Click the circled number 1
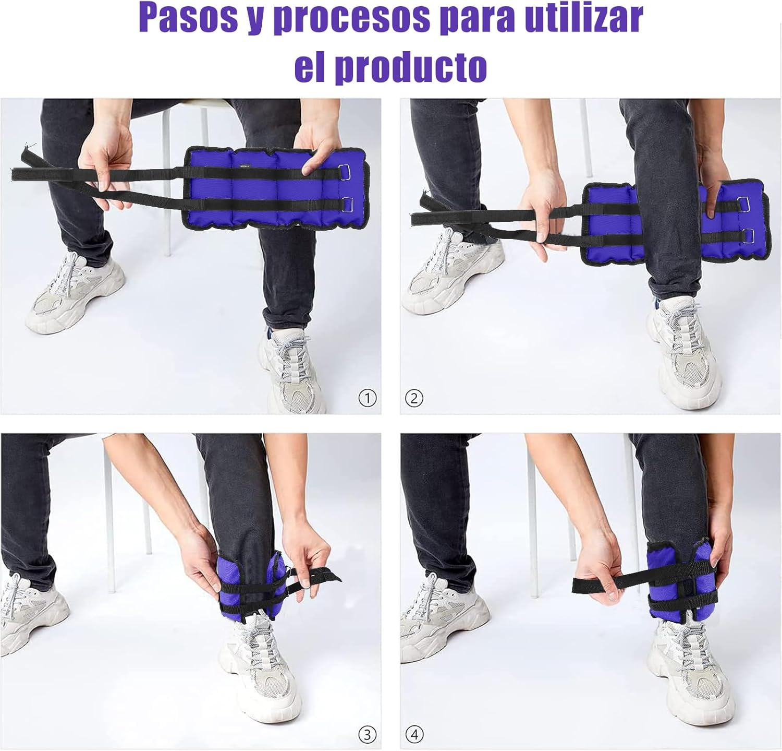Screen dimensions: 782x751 coord(368,399)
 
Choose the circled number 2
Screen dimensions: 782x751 coord(414,399)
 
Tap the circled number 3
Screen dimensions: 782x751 coord(368,735)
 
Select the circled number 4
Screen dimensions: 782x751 coord(414,735)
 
